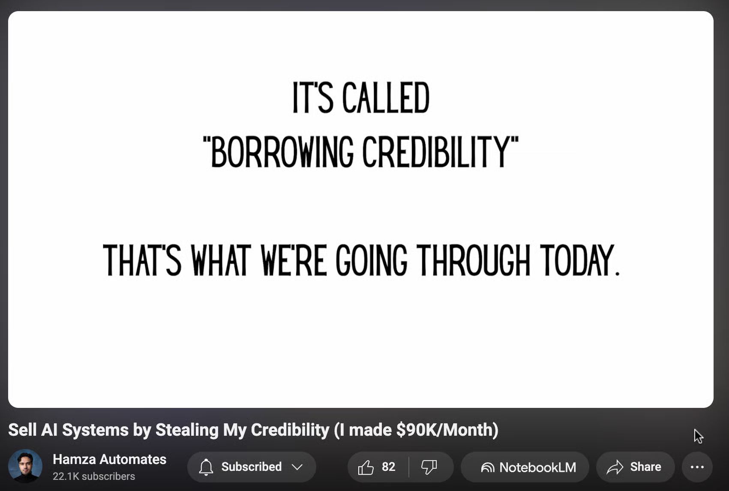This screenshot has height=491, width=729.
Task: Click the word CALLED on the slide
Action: click(x=386, y=97)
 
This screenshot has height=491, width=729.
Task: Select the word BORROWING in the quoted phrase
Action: click(x=282, y=152)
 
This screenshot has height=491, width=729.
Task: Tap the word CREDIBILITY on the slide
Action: click(x=436, y=152)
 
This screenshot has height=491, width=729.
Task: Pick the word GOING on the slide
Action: click(x=371, y=260)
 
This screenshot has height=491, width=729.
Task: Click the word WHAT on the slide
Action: click(x=221, y=260)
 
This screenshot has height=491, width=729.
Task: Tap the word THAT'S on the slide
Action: click(x=142, y=260)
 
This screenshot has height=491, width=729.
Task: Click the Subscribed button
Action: click(x=252, y=467)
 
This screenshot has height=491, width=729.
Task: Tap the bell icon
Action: click(x=206, y=467)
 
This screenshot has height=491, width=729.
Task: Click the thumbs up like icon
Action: click(x=366, y=467)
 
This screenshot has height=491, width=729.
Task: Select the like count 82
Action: click(x=389, y=467)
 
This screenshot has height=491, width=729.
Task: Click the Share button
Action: click(x=635, y=467)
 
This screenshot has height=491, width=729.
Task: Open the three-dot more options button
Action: click(x=697, y=467)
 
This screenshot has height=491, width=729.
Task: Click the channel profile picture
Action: click(x=25, y=466)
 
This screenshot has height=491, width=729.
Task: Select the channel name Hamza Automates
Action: click(x=109, y=459)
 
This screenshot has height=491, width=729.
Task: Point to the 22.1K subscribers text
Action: click(x=94, y=476)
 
